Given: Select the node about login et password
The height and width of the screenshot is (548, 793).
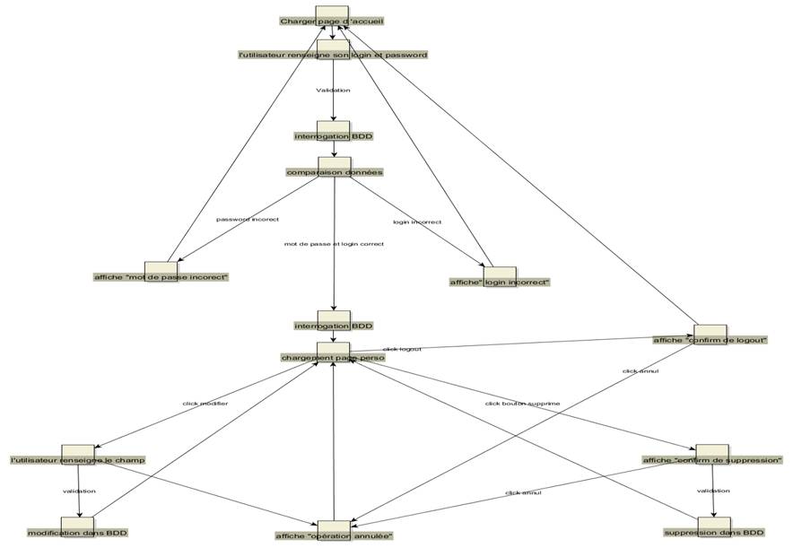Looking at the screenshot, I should pos(333,54).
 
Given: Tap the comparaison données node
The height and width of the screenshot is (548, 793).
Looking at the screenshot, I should pos(334,171).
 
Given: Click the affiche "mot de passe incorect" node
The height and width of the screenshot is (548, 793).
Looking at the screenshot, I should pos(161,276).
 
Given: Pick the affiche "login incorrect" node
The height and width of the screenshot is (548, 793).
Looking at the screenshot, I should pos(500,281).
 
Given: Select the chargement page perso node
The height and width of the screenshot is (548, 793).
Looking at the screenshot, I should pos(333,356).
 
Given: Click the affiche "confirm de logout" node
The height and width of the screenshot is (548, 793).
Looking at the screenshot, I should pos(710,339).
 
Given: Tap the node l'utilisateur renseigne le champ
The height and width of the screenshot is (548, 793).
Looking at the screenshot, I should pos(78,459).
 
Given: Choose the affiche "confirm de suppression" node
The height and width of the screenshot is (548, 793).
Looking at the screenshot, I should pos(712,459).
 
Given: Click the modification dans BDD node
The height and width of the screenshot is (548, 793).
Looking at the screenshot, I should pos(78,532).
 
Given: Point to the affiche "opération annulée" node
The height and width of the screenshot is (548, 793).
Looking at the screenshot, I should pos(334,535).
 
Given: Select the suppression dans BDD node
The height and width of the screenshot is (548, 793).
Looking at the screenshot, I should pos(713,532).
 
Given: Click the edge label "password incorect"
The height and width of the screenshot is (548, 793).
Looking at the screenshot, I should pos(248,219).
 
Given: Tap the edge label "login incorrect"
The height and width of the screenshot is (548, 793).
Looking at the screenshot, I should pos(417,222).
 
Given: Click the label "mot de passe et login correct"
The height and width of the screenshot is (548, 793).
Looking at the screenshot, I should pos(334,243).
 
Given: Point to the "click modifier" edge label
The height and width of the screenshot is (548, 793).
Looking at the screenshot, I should pos(205,404).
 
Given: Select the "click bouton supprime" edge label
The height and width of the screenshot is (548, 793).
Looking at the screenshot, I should pos(522,404).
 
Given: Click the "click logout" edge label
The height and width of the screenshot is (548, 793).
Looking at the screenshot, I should pos(402,349).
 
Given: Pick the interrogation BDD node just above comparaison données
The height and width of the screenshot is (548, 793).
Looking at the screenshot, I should pos(333,136).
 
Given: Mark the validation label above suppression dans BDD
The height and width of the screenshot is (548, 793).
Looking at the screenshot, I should pos(713,491).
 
